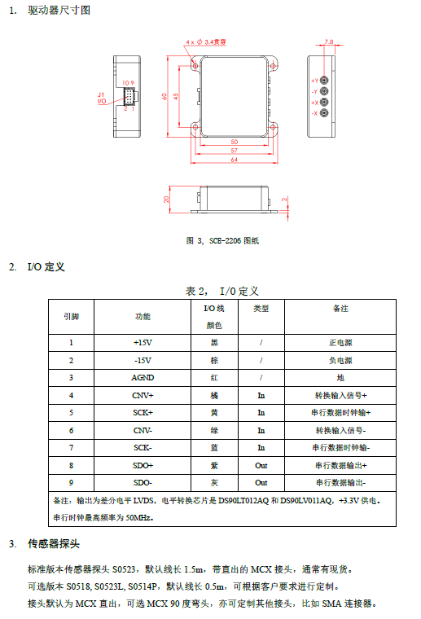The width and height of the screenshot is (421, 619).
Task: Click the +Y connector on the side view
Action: [324, 81]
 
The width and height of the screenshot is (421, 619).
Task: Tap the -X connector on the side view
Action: [324, 113]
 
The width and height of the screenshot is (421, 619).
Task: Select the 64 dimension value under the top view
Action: [235, 160]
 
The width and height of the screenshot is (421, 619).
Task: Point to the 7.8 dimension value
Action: [329, 42]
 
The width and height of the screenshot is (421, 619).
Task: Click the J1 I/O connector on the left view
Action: [129, 96]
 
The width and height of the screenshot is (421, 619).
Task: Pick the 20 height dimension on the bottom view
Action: [166, 200]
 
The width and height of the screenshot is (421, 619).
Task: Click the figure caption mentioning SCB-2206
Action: [222, 241]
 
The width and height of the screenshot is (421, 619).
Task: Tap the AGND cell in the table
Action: [143, 378]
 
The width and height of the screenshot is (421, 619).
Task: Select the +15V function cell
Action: [143, 343]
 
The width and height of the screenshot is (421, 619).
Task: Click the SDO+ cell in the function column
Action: [143, 465]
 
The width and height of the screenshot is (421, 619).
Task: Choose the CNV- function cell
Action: [143, 430]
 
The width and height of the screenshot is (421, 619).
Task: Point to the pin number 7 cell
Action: [71, 448]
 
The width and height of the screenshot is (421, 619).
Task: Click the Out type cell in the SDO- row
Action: [261, 483]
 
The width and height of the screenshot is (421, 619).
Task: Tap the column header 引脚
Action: [72, 317]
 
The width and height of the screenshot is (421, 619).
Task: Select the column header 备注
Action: [340, 309]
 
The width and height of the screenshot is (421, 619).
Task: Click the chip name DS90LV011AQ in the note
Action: [306, 501]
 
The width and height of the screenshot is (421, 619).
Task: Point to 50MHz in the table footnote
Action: [138, 517]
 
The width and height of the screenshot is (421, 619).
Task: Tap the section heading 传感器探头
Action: [54, 544]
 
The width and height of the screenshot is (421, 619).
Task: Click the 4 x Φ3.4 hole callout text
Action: [206, 42]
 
